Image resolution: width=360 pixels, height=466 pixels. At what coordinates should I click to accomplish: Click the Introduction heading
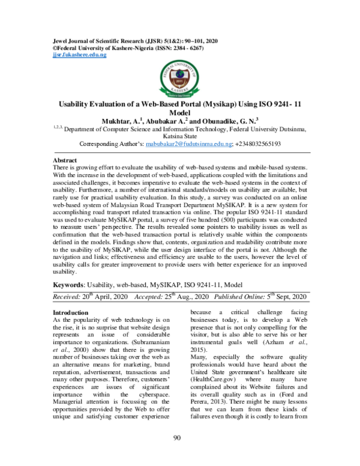[x=71, y=313]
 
